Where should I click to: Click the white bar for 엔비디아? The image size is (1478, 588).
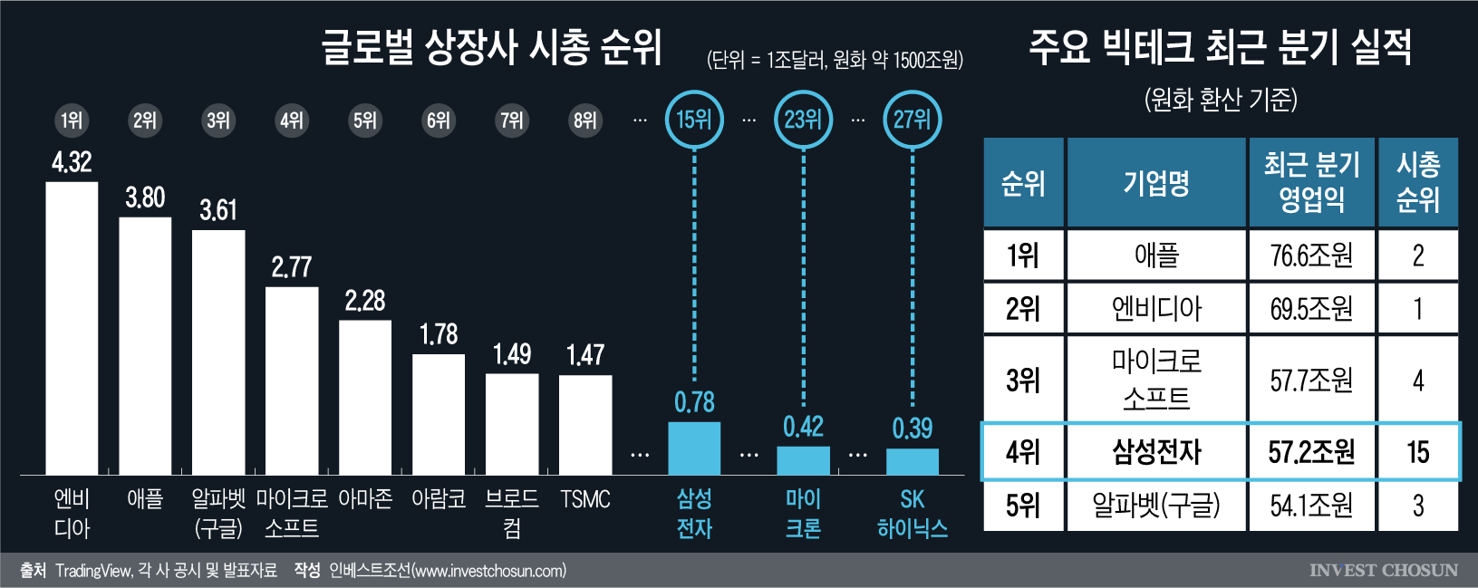(x=72, y=328)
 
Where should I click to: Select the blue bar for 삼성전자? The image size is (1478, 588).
(x=694, y=448)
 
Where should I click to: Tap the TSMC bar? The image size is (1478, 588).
(x=585, y=424)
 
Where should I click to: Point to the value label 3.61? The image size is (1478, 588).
(x=218, y=211)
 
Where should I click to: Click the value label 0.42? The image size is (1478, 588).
(x=803, y=427)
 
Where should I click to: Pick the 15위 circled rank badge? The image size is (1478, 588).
(x=694, y=120)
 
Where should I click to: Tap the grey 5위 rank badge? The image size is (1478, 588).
(x=365, y=120)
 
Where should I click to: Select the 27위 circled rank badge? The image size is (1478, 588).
(x=912, y=120)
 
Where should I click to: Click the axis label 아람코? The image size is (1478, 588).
(x=439, y=499)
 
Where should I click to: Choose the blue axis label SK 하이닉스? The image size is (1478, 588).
(x=912, y=514)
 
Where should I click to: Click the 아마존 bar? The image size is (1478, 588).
(x=365, y=397)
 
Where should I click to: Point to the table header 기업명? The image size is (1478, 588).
(x=1156, y=183)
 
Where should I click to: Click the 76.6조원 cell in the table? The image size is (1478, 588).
(x=1311, y=255)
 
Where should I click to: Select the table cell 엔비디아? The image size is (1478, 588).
(x=1156, y=309)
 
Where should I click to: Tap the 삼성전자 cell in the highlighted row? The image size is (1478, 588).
(x=1156, y=451)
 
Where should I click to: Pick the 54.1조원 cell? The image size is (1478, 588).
(x=1311, y=506)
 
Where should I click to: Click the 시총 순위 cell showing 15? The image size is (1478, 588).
(x=1417, y=451)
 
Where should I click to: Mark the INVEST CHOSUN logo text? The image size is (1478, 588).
(x=1383, y=571)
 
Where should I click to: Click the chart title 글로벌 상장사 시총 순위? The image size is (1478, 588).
(x=492, y=47)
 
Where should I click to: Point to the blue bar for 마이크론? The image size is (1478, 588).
(x=803, y=460)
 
